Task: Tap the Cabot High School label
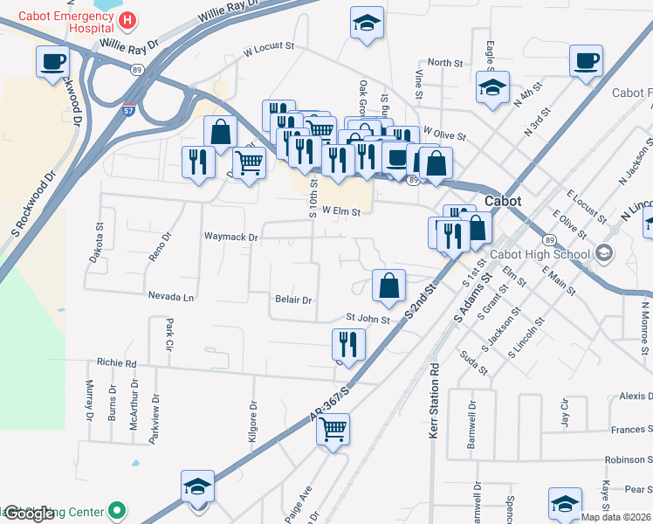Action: (x=540, y=255)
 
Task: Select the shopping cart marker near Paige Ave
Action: (x=333, y=429)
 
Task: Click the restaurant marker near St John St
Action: (x=347, y=344)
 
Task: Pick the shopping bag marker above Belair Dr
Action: (x=389, y=285)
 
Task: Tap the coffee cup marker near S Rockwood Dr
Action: (x=52, y=62)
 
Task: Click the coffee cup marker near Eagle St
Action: (x=586, y=62)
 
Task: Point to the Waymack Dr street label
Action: (x=230, y=237)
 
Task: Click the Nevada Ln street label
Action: (x=170, y=297)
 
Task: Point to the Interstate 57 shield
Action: (x=129, y=87)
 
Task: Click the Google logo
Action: (x=28, y=514)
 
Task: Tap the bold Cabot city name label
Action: (x=503, y=201)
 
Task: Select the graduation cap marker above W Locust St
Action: (x=367, y=24)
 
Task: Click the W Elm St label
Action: (x=340, y=210)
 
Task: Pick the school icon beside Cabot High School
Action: (x=603, y=254)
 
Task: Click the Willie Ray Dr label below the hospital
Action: (x=128, y=43)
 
